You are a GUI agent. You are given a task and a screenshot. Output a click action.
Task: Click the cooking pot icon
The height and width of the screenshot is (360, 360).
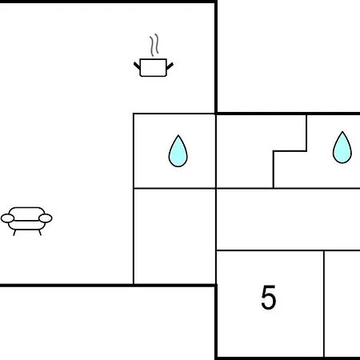154,67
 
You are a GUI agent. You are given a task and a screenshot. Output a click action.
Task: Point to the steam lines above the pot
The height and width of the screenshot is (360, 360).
154,45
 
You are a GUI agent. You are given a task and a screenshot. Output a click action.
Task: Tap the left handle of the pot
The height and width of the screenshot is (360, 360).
137,66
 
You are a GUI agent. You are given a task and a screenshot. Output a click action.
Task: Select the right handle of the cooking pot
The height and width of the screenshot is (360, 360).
170,66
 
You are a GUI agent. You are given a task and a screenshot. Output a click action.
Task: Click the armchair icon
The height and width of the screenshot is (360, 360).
26,222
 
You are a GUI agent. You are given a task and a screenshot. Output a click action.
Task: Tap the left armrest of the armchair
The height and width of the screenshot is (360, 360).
7,218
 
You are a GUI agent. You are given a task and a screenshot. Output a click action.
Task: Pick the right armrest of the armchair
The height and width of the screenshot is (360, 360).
46,218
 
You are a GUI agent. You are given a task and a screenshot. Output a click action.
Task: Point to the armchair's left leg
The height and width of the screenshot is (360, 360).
14,233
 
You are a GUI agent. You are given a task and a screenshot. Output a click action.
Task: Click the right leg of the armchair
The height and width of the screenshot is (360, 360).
40,233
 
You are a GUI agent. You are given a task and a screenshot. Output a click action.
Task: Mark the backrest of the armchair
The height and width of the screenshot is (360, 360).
26,210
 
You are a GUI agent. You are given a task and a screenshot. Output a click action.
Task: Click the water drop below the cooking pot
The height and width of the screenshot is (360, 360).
178,151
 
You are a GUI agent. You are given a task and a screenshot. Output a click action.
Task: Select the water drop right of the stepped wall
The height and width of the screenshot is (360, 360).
342,147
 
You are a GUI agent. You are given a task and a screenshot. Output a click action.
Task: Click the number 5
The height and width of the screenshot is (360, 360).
269,297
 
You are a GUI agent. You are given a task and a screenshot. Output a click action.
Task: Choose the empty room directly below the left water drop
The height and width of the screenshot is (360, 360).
174,236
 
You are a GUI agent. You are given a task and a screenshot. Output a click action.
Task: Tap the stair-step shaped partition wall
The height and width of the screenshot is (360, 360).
290,151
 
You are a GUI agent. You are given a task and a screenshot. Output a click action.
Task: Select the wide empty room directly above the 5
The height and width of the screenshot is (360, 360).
288,219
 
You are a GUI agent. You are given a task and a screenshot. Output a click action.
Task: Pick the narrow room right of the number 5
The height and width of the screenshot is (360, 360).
342,303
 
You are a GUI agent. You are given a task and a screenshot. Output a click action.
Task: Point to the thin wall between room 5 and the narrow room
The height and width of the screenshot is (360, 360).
324,304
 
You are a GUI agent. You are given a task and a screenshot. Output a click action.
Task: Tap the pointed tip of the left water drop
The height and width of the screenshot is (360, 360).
178,135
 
